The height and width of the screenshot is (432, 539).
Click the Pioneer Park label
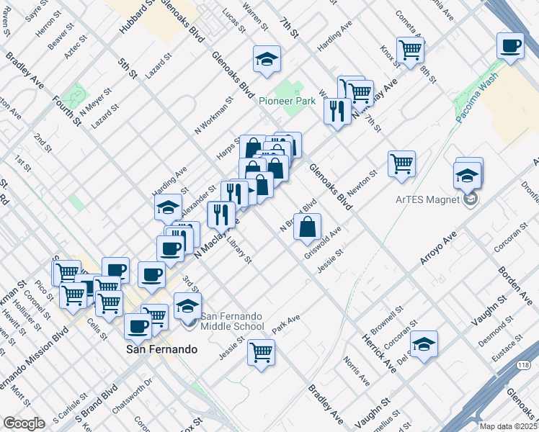288,102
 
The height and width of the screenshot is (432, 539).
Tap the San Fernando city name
161,349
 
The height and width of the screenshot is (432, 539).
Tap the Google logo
24,423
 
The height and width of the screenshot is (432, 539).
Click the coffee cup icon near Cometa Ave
510,47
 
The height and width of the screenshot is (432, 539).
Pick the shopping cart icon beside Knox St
410,50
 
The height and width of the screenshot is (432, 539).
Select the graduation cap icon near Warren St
266,59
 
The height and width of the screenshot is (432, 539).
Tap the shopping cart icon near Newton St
401,163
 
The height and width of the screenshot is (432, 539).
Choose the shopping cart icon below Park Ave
261,353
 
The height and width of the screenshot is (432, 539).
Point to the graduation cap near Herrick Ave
424,344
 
